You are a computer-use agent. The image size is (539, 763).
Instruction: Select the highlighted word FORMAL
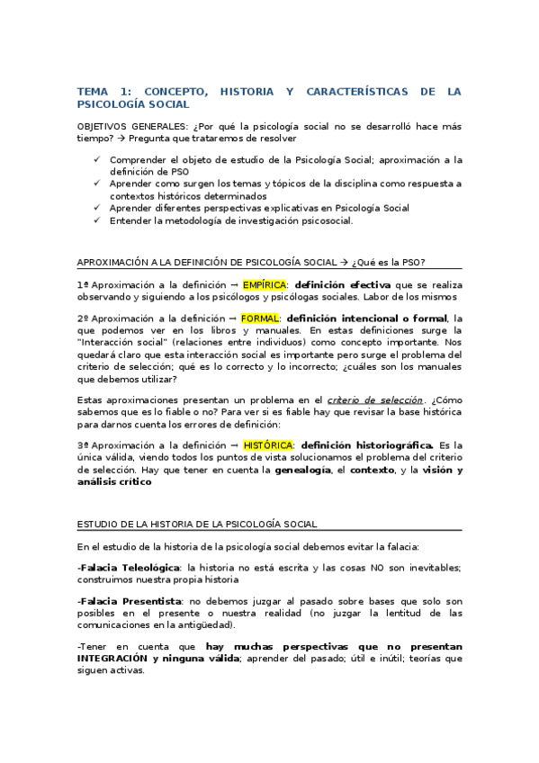click(x=260, y=318)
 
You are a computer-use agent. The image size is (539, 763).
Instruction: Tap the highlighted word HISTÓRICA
click(x=268, y=444)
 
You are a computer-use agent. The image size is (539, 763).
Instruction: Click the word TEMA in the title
click(x=92, y=92)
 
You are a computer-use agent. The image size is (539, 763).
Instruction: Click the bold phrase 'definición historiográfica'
click(x=367, y=444)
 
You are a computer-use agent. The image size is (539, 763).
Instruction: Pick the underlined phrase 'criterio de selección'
click(x=374, y=399)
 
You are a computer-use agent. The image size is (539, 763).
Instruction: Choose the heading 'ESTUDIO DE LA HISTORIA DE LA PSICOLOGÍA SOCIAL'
click(x=196, y=523)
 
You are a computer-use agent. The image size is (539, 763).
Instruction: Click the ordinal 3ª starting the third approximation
click(x=82, y=444)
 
